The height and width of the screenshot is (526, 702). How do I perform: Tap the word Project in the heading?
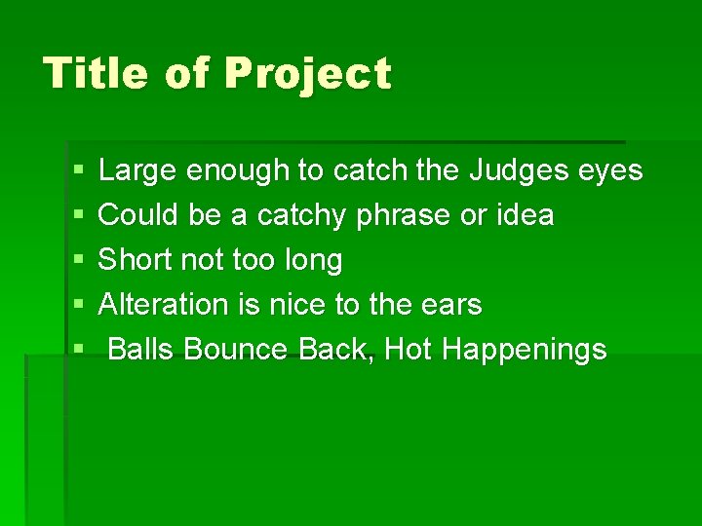(x=307, y=75)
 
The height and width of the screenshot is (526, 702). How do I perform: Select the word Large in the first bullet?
(x=138, y=171)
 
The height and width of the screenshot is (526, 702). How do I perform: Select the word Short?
(x=137, y=260)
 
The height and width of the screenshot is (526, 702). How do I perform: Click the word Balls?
(x=140, y=350)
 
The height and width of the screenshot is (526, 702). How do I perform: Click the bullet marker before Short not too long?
(x=78, y=261)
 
